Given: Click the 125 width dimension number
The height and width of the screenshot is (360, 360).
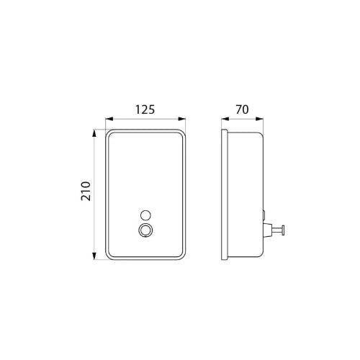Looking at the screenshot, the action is tap(145, 109).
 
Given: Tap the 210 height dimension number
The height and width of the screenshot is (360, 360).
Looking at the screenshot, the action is tap(86, 191).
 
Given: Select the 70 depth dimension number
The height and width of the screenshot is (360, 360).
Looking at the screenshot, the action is tap(242, 109).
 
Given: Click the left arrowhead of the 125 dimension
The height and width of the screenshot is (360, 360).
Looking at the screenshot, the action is tap(109, 119).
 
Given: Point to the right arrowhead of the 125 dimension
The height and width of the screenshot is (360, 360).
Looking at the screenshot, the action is tap(181, 119).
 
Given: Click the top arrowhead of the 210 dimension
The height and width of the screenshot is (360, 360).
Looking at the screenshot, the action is tap(94, 133).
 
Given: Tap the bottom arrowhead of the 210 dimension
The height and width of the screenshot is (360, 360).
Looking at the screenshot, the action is tap(94, 256).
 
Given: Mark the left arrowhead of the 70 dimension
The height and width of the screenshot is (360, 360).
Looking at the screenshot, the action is tap(225, 119).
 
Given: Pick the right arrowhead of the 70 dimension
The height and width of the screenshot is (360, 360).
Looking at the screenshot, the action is tap(259, 119).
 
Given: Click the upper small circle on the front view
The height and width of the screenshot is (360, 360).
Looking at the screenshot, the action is tap(145, 215).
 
